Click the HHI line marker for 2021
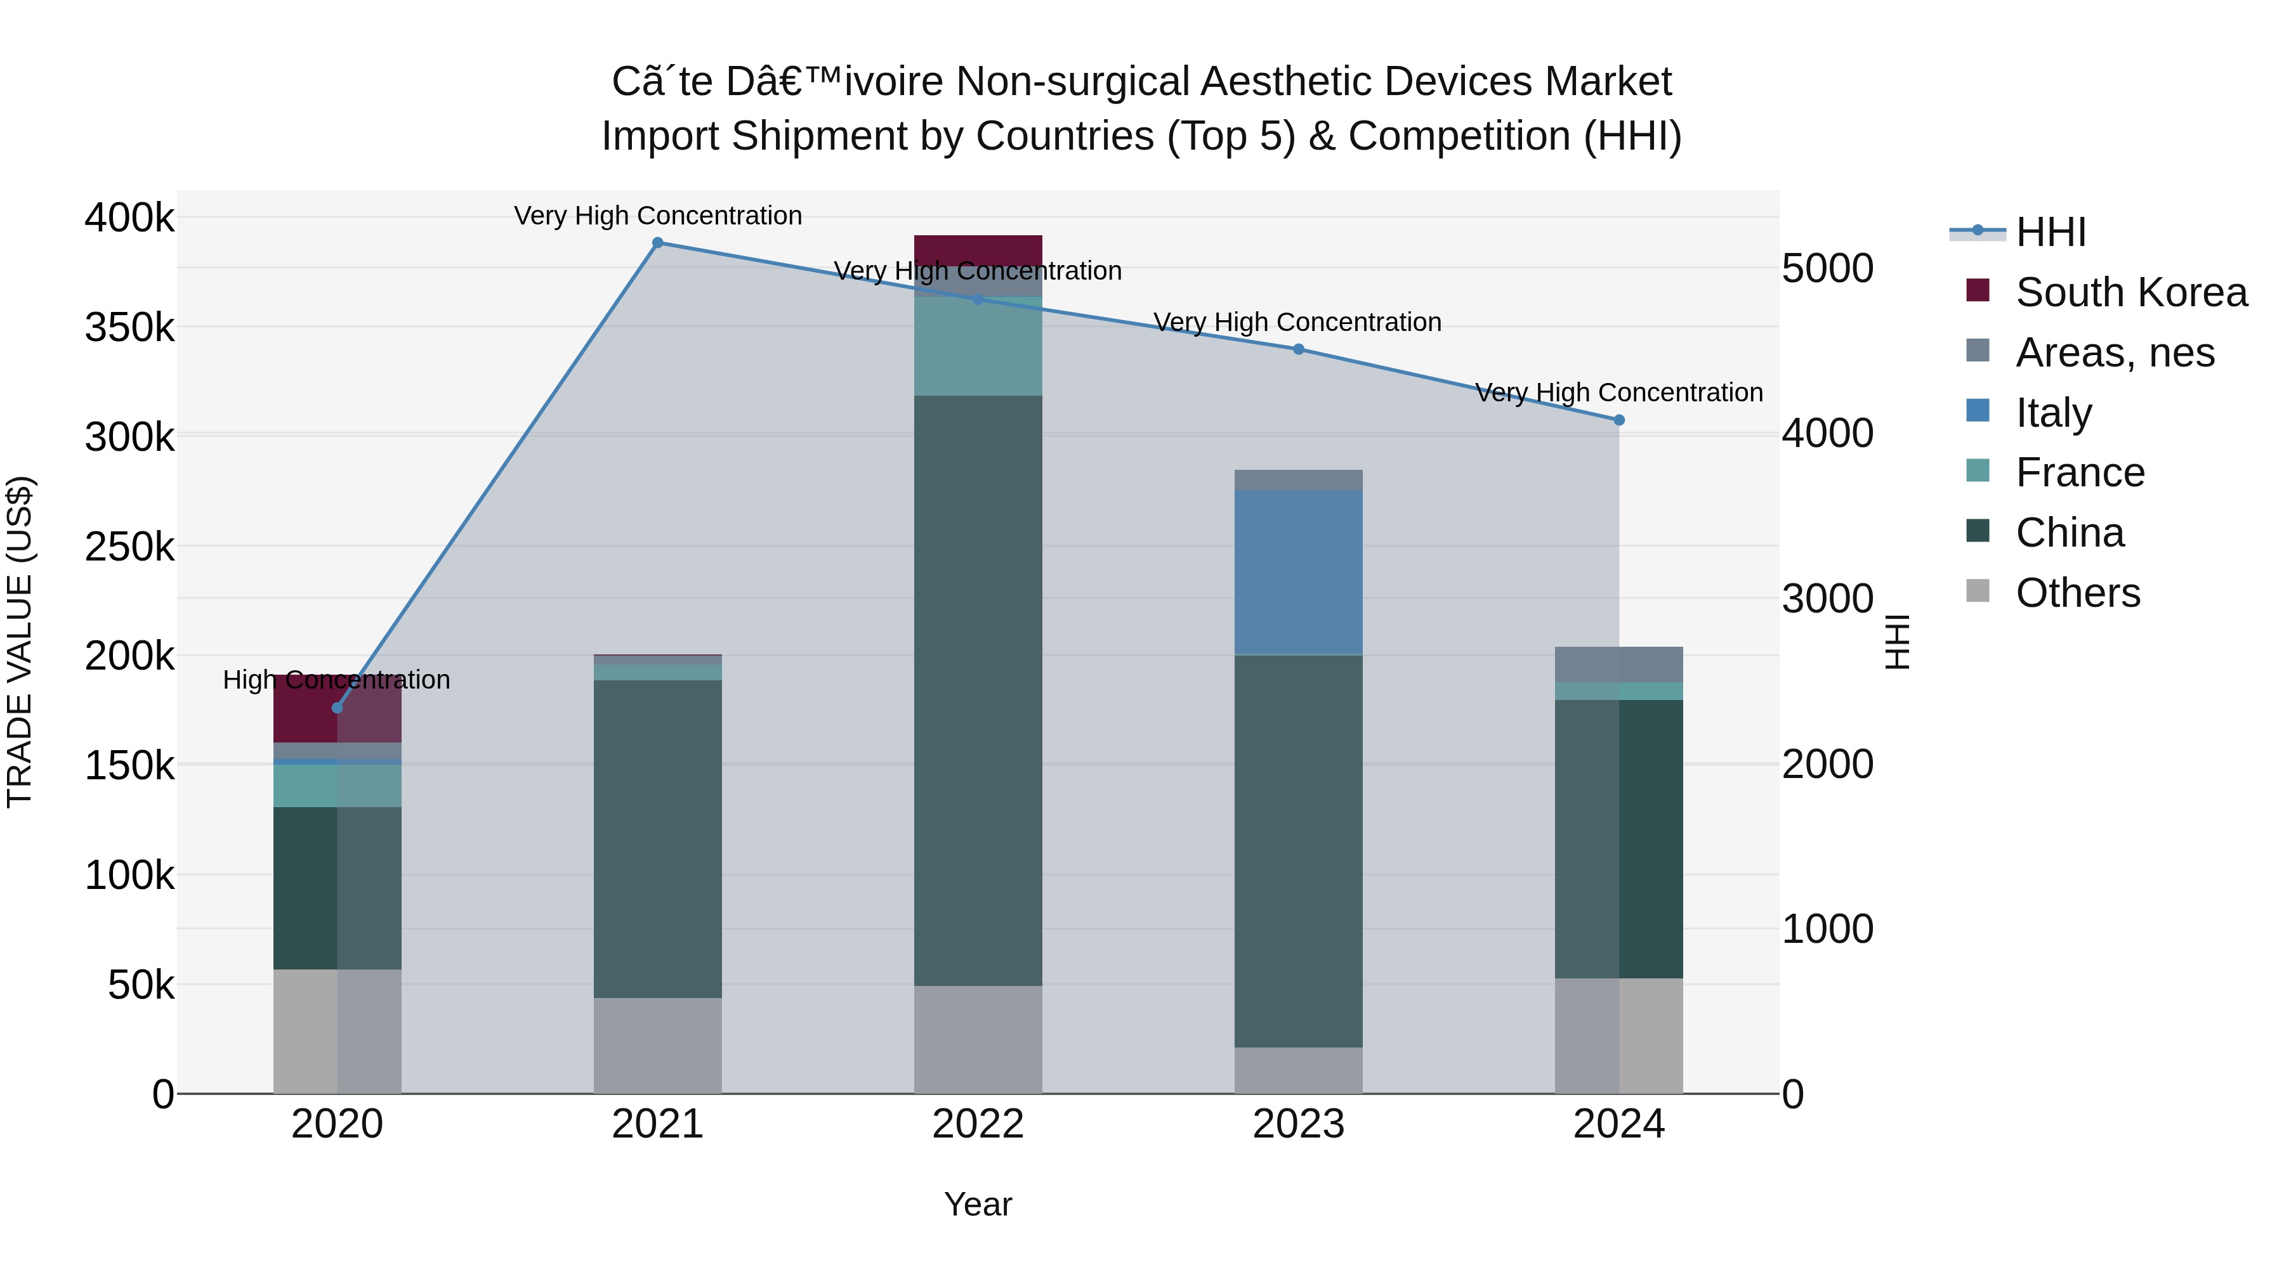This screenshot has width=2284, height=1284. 658,243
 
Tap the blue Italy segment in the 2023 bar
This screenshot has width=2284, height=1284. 1298,571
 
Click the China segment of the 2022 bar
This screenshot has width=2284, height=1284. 978,691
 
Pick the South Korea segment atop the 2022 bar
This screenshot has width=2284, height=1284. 978,249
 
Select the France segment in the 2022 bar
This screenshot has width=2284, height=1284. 978,346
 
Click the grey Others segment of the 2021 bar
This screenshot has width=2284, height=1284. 658,1046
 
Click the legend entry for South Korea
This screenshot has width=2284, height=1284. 2130,292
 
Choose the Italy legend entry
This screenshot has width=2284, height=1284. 2054,413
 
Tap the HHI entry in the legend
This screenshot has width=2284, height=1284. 2050,232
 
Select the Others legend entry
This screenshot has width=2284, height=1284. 2077,593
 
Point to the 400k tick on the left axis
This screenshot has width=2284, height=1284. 129,217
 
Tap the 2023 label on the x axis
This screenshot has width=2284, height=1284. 1298,1124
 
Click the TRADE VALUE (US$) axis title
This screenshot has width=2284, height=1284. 20,642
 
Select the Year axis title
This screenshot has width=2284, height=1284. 978,1204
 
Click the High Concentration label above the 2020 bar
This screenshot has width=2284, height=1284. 337,680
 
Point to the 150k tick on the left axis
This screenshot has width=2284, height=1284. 129,765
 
